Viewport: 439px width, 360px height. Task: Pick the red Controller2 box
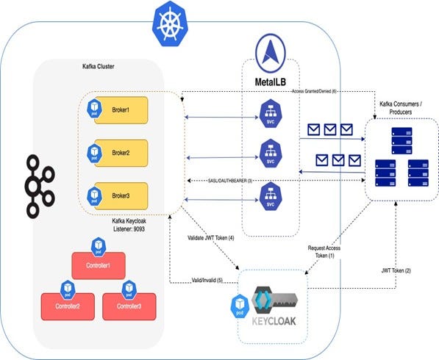click(62, 303)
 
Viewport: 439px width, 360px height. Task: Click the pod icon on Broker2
click(94, 151)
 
